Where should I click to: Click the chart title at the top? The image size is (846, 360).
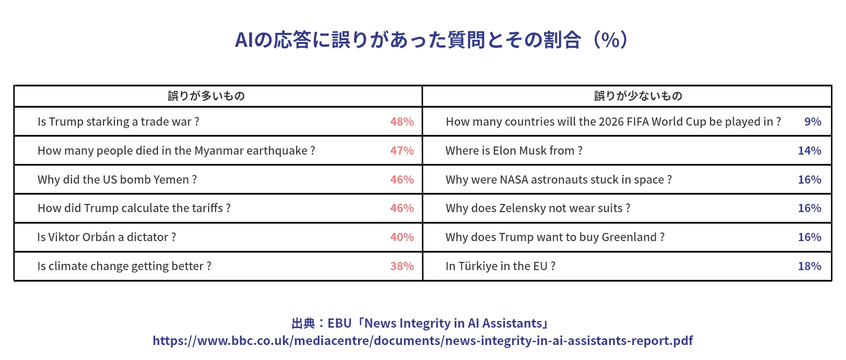pos(431,40)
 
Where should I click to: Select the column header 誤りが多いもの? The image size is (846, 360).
pos(206,96)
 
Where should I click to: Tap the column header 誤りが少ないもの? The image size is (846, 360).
pos(638,96)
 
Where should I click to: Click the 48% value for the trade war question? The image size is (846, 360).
pos(401,122)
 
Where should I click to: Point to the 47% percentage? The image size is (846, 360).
pos(401,151)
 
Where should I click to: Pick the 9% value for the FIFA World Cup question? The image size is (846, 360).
pos(812,122)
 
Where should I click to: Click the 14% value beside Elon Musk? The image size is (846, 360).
pos(809,151)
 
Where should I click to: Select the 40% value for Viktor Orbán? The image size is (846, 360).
pos(401,237)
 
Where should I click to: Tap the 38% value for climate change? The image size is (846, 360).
pos(401,266)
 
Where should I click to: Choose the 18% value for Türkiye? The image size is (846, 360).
pos(809,266)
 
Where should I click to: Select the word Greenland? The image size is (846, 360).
pos(629,237)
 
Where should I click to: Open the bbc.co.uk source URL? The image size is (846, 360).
pos(423,341)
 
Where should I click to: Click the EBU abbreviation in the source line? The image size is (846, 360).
pos(339,323)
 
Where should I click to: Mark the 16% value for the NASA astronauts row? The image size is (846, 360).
pos(809,180)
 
